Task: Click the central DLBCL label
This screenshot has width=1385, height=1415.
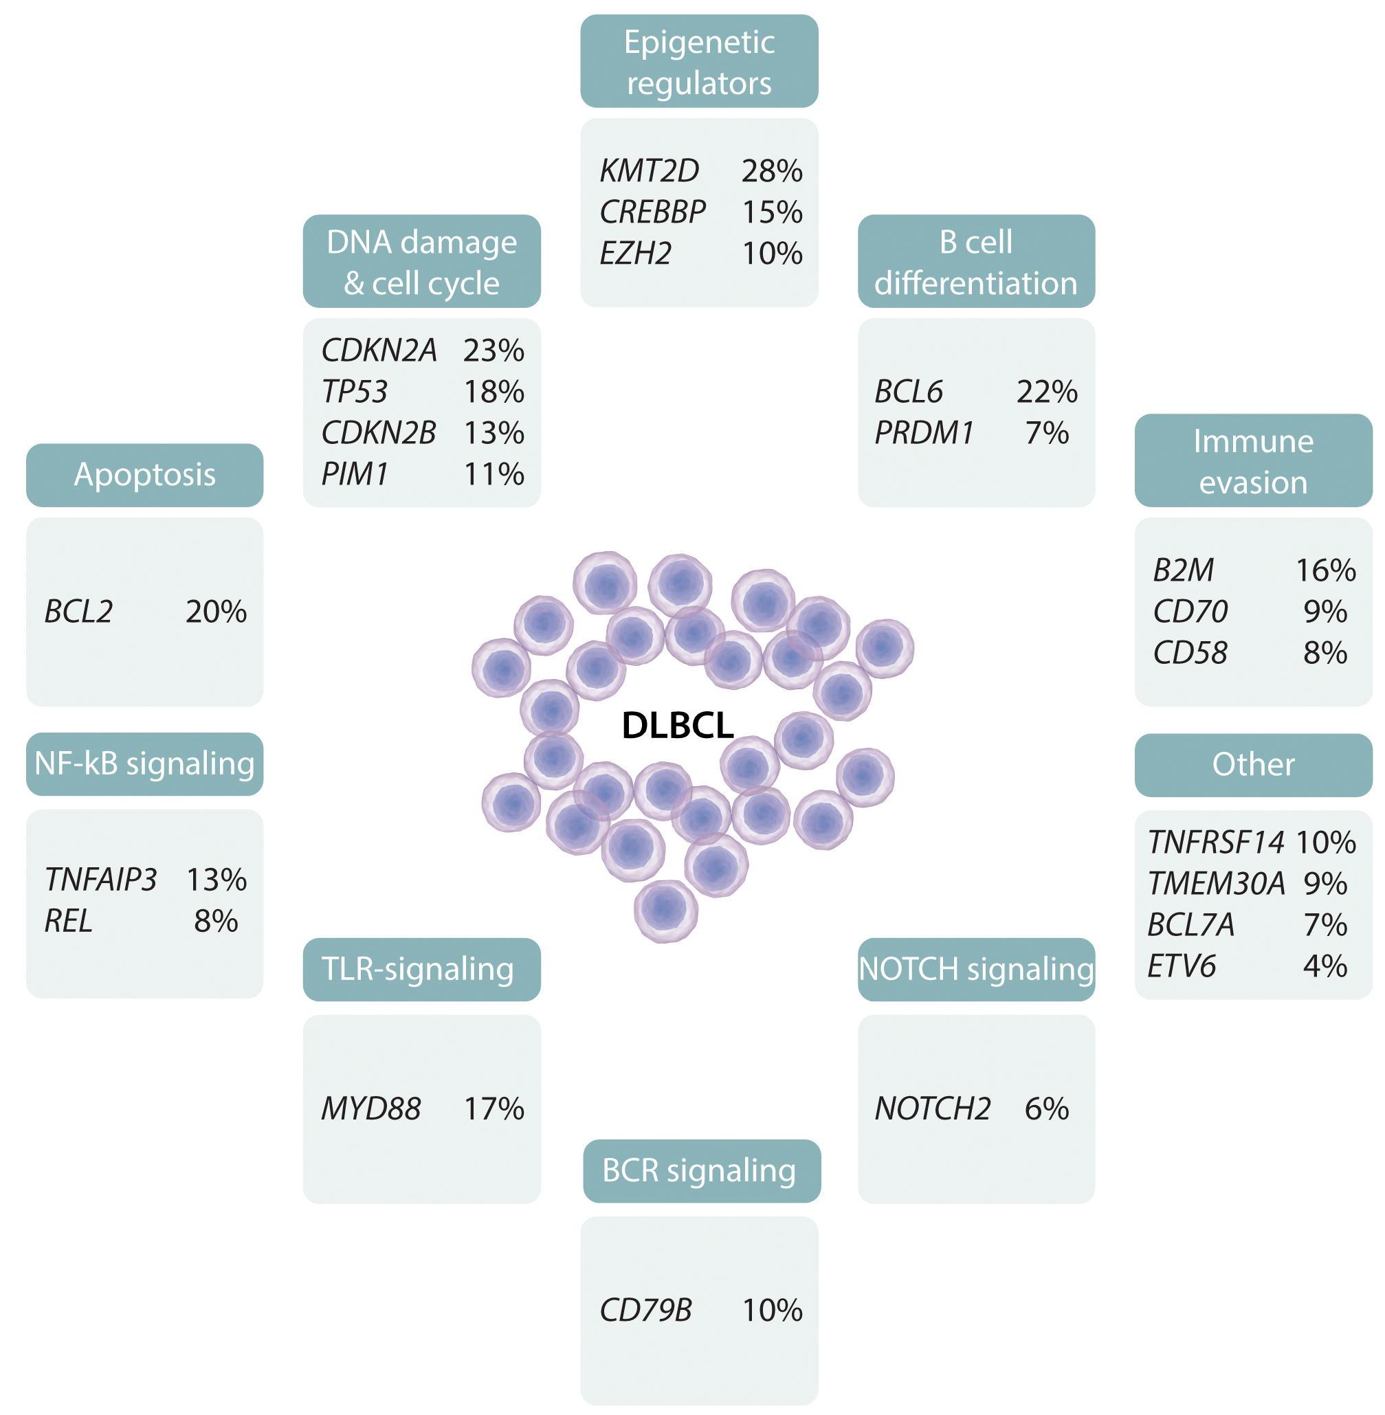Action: tap(677, 725)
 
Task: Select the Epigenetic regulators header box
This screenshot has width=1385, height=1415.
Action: tap(699, 62)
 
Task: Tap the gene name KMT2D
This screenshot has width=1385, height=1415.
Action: tap(649, 171)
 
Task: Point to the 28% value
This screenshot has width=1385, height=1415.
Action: tap(772, 171)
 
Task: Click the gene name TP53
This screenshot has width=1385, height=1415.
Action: tap(354, 392)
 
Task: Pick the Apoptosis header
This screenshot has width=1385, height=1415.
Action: tap(145, 475)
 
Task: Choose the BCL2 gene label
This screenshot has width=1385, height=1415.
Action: tap(78, 612)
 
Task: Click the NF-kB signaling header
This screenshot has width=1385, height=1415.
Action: tap(145, 764)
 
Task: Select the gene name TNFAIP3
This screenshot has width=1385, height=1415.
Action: tap(100, 880)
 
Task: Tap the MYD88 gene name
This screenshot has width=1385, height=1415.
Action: tap(371, 1109)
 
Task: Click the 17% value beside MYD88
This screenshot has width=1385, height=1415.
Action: tap(494, 1109)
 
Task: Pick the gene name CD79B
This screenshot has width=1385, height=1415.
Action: tap(646, 1311)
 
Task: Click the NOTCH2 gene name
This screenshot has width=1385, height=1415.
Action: tap(933, 1109)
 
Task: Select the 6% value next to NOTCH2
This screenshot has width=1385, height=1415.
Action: tap(1047, 1109)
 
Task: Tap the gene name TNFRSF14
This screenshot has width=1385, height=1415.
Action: tap(1216, 843)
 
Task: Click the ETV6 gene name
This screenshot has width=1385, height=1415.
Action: tap(1182, 966)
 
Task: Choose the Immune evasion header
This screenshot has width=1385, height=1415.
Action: tap(1253, 461)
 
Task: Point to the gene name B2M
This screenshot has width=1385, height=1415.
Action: tap(1184, 570)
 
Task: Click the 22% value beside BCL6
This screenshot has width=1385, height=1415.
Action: tap(1047, 392)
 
